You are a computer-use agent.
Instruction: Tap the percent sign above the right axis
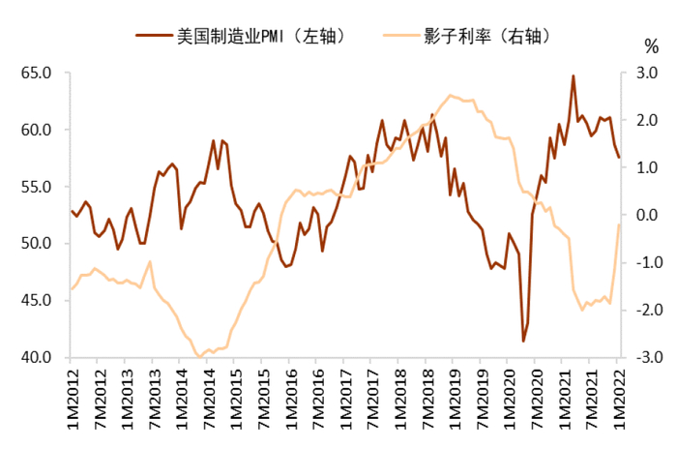(650, 46)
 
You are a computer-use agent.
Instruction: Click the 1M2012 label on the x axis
(72, 397)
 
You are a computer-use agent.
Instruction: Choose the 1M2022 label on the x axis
(617, 397)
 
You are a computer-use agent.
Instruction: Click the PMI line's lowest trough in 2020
(523, 341)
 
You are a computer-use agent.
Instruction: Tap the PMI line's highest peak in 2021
(574, 75)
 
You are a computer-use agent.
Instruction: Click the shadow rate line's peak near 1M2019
(450, 95)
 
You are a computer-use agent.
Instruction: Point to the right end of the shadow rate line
(619, 224)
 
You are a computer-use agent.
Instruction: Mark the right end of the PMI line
(619, 158)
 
